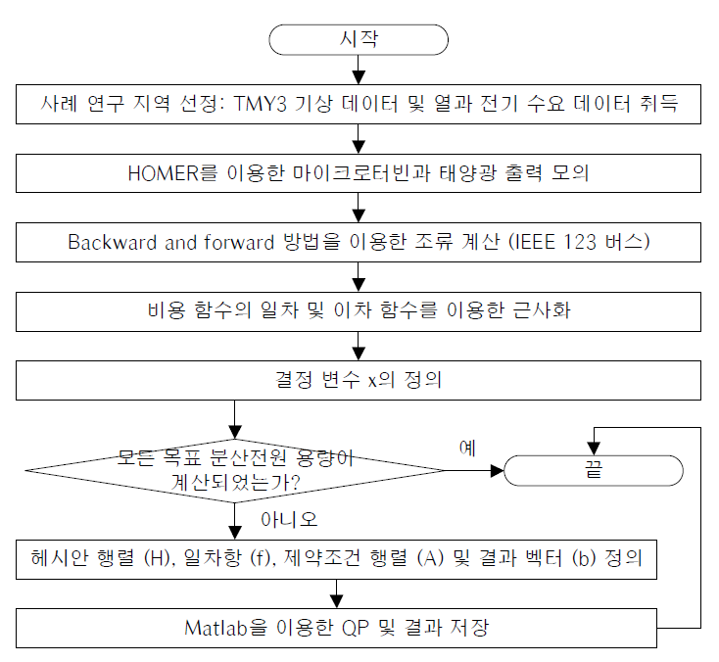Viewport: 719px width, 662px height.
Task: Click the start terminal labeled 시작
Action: pyautogui.click(x=359, y=39)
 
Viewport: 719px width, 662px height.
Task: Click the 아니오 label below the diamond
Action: pyautogui.click(x=290, y=517)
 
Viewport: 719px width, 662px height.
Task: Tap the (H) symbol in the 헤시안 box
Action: pyautogui.click(x=157, y=560)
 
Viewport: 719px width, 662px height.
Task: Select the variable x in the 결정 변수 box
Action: pyautogui.click(x=373, y=380)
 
